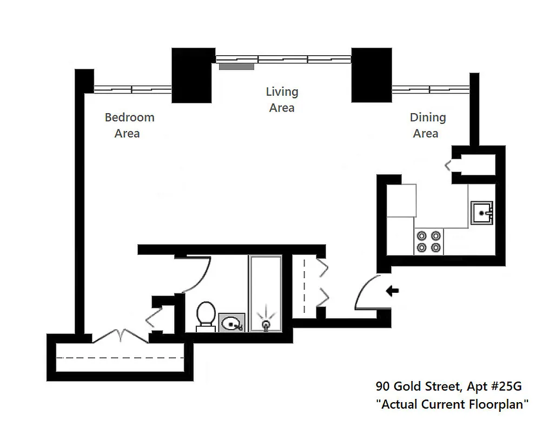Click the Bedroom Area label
tap(129, 125)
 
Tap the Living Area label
tap(282, 100)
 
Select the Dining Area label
tap(427, 125)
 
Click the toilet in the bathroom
tap(206, 315)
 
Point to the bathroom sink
tap(232, 323)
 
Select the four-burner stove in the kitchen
tap(428, 241)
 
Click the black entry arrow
tap(392, 291)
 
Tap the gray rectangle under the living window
tap(236, 67)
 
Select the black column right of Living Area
tap(372, 75)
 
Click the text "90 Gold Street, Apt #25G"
tap(449, 386)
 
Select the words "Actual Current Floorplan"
tap(452, 404)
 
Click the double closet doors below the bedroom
tap(121, 336)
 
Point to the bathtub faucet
tap(266, 324)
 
